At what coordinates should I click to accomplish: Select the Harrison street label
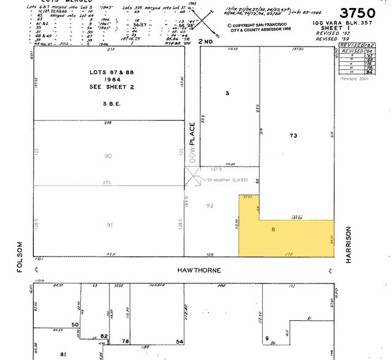pos(349,245)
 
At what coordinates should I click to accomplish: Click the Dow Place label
pos(192,142)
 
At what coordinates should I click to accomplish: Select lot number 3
pos(227,93)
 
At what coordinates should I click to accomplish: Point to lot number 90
pos(108,156)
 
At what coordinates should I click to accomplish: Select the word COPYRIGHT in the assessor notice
pos(246,26)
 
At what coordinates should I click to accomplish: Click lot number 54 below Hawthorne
pos(180,341)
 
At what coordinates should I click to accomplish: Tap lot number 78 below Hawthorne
pos(125,341)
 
